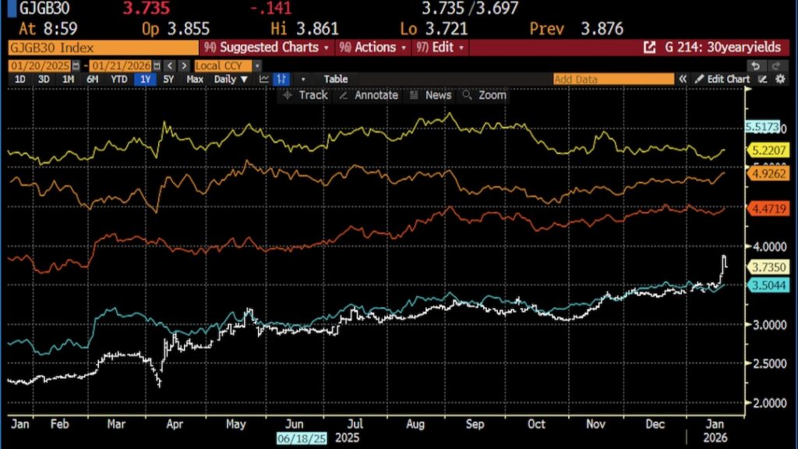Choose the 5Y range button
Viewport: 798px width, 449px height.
click(x=168, y=79)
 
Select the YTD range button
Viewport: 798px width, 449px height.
click(x=119, y=79)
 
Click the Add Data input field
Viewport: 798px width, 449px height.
click(x=613, y=79)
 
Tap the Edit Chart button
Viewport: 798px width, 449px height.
click(x=722, y=79)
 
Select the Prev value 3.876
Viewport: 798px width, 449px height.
click(x=602, y=29)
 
